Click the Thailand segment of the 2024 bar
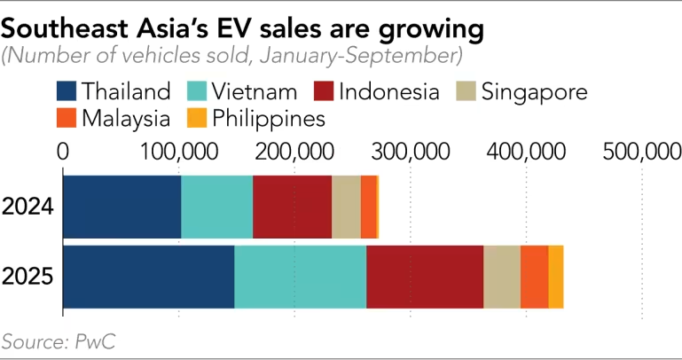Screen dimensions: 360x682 click(x=122, y=207)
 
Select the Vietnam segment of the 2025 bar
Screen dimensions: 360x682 click(x=300, y=277)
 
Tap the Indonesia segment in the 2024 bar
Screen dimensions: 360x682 click(x=292, y=207)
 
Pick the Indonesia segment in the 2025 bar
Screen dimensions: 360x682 click(x=424, y=277)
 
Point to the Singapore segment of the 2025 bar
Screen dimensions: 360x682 click(x=501, y=277)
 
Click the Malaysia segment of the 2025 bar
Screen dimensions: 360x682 click(x=534, y=277)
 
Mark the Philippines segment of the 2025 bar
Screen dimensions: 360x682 click(x=555, y=277)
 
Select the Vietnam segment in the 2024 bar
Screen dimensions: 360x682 click(x=216, y=207)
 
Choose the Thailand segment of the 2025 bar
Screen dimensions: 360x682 click(x=148, y=277)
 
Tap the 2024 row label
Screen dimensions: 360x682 click(x=29, y=207)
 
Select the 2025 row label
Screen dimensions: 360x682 click(x=29, y=277)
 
